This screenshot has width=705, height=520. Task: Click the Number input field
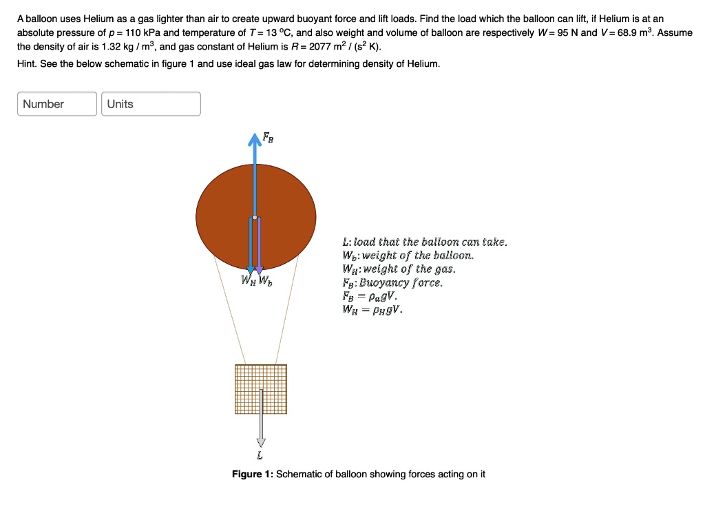click(x=57, y=104)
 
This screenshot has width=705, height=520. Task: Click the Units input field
click(x=151, y=104)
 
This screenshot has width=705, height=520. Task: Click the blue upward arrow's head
click(x=255, y=140)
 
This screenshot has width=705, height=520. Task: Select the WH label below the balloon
click(x=247, y=280)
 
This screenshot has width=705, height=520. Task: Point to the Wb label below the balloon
click(x=265, y=280)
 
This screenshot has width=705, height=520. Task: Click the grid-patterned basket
click(x=261, y=389)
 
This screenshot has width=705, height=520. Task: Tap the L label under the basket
click(x=260, y=455)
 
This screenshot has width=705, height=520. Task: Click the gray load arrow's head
click(x=260, y=441)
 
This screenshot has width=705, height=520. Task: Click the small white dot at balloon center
click(x=255, y=217)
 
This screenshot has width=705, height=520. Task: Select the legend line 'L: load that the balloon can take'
click(x=425, y=242)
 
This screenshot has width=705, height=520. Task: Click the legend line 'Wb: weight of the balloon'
click(x=408, y=256)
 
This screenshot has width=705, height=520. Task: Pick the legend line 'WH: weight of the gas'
click(x=399, y=269)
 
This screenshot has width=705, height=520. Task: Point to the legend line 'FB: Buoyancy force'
click(x=392, y=282)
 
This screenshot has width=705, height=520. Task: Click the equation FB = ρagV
click(x=370, y=295)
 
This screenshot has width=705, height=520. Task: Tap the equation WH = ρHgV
click(x=372, y=309)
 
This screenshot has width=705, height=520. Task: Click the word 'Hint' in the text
click(x=28, y=63)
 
